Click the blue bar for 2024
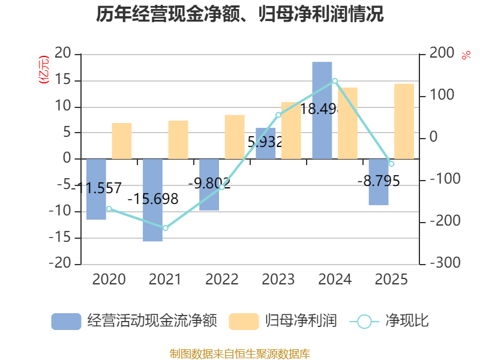click(322, 110)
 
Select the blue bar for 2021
click(152, 200)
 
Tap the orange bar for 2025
click(404, 121)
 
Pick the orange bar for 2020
click(122, 141)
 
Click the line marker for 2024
click(335, 80)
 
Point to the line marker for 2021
click(166, 228)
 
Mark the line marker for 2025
click(391, 164)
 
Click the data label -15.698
click(153, 199)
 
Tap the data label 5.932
click(265, 142)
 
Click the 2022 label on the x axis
click(221, 280)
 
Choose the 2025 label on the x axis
click(391, 280)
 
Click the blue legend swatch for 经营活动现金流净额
click(66, 322)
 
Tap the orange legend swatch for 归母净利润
click(244, 322)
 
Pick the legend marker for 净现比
click(364, 322)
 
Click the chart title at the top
click(240, 14)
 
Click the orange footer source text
click(240, 353)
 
